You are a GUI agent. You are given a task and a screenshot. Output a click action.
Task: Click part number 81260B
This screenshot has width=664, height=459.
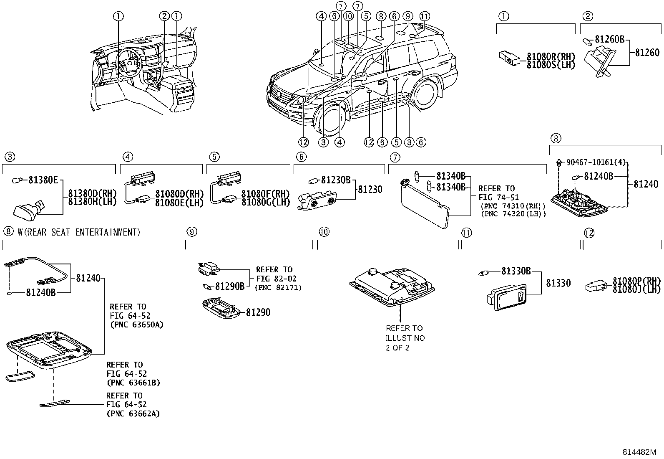[x=609, y=39]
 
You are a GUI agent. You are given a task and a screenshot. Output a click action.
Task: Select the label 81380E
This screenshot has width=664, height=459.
[x=43, y=180]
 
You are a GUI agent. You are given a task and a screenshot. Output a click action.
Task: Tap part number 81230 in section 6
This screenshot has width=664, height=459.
[x=369, y=189]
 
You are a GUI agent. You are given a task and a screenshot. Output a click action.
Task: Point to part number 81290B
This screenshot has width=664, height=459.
[x=229, y=286]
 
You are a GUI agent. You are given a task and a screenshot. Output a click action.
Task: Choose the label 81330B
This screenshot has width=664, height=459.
[x=516, y=271]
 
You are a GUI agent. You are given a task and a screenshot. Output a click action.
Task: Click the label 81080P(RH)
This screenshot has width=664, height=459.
[x=636, y=281]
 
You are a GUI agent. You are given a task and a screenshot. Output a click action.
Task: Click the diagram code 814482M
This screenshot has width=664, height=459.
[x=639, y=452]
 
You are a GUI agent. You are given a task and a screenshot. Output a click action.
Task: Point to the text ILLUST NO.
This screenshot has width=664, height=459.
[x=406, y=338]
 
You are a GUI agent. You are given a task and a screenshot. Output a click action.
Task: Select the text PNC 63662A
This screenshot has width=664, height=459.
[x=133, y=414]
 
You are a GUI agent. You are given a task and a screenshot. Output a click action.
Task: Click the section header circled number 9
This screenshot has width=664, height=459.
[x=191, y=232]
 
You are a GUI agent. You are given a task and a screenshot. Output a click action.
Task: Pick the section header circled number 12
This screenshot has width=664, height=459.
[x=588, y=233]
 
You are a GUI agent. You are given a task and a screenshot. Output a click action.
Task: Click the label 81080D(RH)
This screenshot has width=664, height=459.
[x=179, y=194]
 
